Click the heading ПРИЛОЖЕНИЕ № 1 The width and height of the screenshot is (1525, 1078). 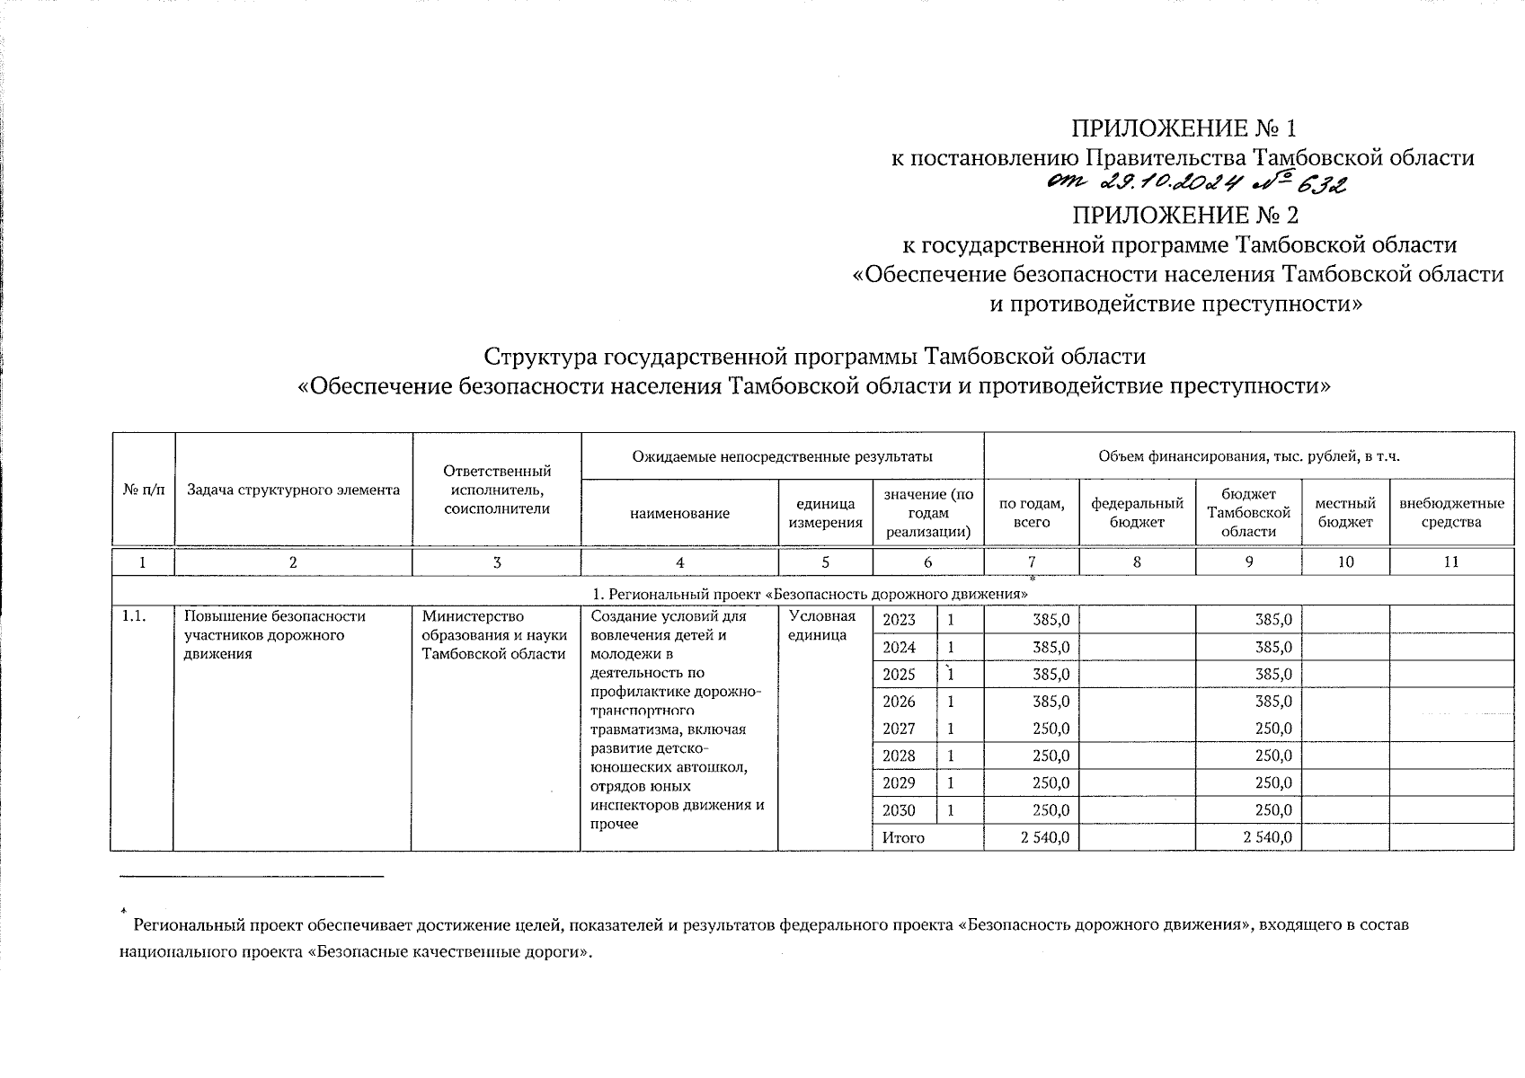click(1184, 128)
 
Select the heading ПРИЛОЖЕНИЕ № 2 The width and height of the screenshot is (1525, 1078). click(1184, 216)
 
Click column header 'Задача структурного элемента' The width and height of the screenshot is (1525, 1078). click(293, 490)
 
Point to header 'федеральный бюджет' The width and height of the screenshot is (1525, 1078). click(1137, 512)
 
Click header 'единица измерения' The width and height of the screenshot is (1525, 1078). click(825, 512)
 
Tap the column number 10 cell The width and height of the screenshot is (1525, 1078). click(1345, 562)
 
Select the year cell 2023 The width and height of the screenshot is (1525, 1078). click(900, 620)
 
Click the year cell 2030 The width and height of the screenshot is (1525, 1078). click(900, 810)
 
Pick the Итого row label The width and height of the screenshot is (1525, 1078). click(903, 837)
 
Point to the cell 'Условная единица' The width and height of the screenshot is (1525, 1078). click(821, 625)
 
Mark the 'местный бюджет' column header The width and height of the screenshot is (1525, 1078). click(1345, 512)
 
